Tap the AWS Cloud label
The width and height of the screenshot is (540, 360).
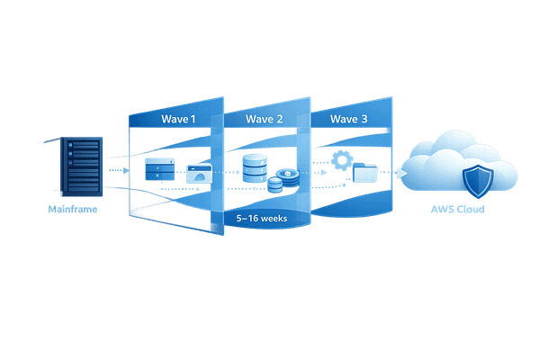click(x=457, y=209)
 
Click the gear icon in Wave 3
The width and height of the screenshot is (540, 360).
click(x=340, y=160)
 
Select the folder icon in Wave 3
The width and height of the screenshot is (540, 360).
click(x=366, y=173)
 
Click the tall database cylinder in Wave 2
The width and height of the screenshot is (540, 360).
click(x=255, y=168)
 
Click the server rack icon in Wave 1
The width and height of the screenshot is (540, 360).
click(x=158, y=168)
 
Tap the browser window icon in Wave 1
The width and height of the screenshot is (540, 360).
click(x=198, y=175)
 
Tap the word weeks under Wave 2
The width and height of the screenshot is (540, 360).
click(x=276, y=217)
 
